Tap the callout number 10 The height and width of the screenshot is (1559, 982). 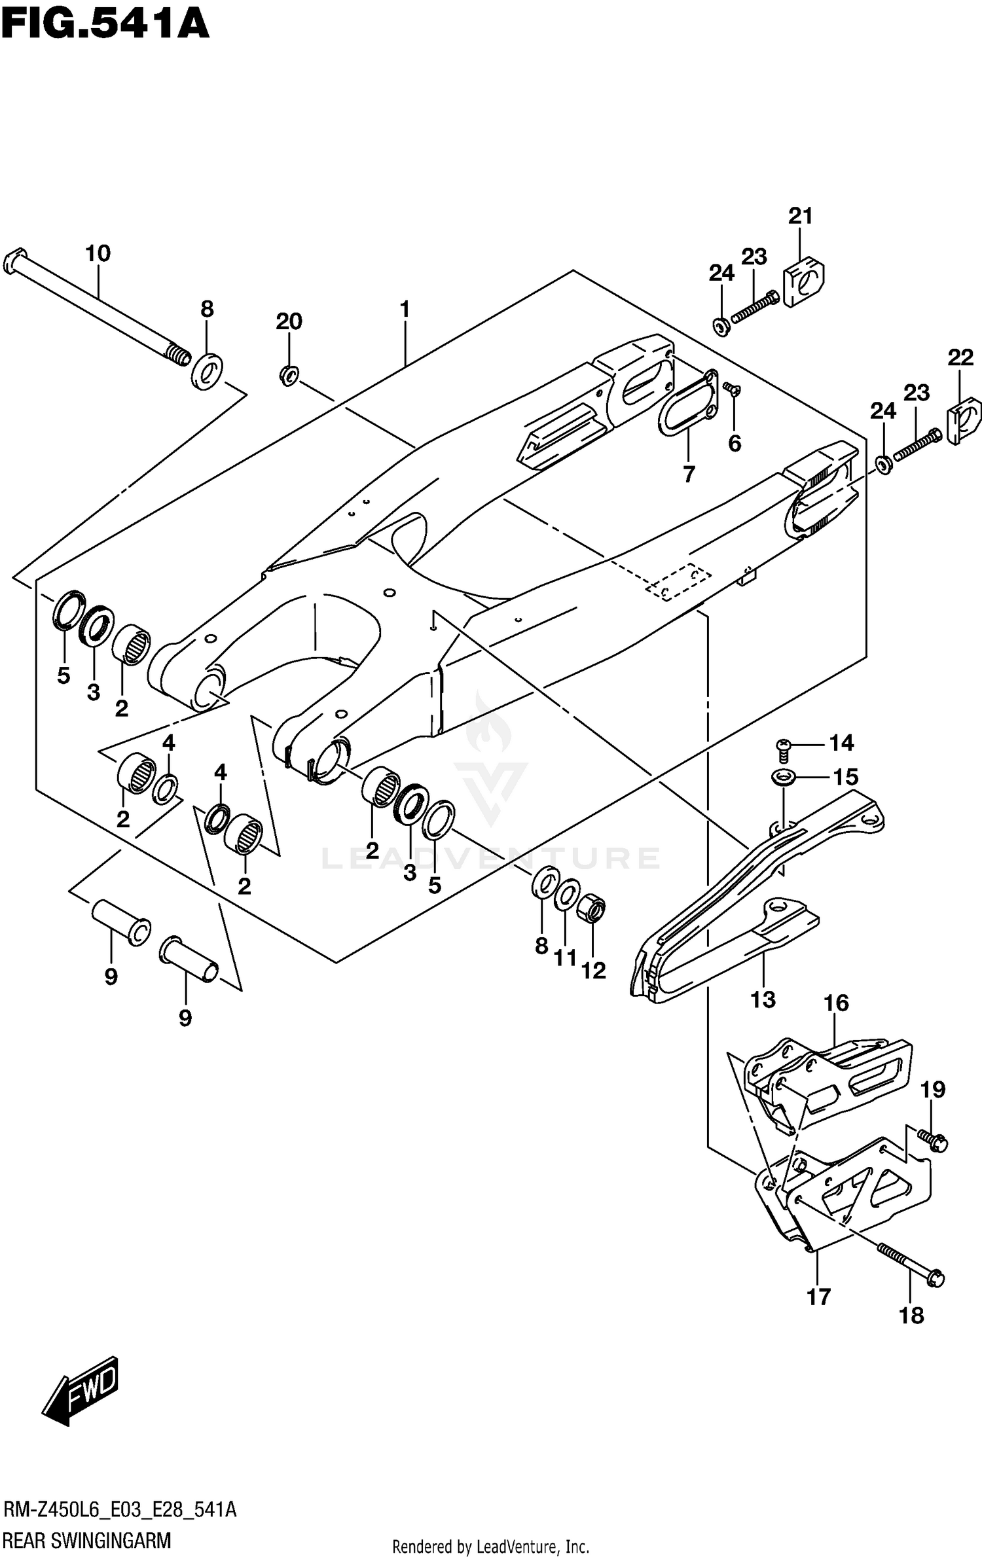coord(98,253)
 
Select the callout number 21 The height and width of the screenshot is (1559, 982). coord(800,215)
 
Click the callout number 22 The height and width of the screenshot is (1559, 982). coord(960,357)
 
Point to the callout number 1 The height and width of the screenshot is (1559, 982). coord(405,309)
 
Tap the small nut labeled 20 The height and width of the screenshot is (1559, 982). coord(289,375)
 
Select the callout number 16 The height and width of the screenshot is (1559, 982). coord(836,1003)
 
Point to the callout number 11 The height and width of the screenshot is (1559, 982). coord(566,958)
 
